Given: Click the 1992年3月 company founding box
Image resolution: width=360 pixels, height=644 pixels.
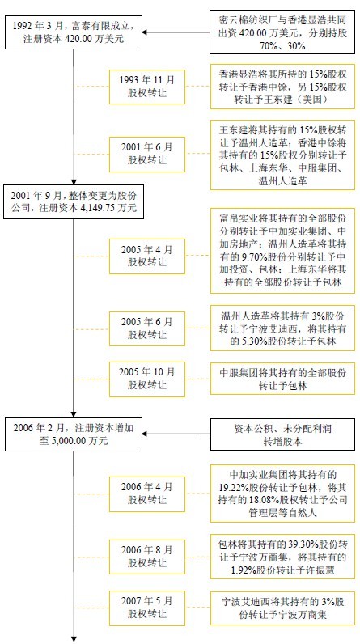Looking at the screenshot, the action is tap(74, 32).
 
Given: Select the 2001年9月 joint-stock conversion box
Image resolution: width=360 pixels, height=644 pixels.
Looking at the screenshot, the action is tap(74, 201).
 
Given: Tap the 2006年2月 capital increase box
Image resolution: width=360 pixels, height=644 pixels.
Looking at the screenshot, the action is tap(74, 434).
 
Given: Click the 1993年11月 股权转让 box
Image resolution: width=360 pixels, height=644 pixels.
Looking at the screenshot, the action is tap(147, 87).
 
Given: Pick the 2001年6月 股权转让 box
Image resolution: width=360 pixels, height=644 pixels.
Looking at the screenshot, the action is tap(147, 154).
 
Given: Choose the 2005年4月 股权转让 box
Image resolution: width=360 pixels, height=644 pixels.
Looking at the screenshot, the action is tap(147, 256).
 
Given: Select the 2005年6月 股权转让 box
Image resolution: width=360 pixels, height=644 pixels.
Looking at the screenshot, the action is tap(147, 328).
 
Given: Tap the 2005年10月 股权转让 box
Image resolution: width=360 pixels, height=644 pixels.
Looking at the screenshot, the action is tap(147, 379).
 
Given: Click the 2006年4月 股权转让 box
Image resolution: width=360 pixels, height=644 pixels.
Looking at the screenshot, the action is tap(147, 494).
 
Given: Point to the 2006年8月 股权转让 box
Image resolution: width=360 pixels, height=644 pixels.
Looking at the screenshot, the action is tap(147, 557).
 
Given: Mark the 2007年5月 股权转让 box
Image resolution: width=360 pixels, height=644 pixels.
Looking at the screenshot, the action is tap(147, 608).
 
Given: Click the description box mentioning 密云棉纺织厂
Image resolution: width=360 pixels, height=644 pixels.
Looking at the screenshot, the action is tap(282, 32).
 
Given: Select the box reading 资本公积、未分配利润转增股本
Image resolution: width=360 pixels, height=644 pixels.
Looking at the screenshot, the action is tap(282, 434).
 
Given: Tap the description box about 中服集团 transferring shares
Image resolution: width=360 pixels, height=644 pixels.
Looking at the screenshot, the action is tap(282, 379).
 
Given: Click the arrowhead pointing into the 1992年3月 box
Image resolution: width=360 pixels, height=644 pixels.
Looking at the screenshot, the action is tap(146, 32).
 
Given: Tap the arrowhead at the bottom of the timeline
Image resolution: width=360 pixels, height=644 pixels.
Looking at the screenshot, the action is tap(74, 639).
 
